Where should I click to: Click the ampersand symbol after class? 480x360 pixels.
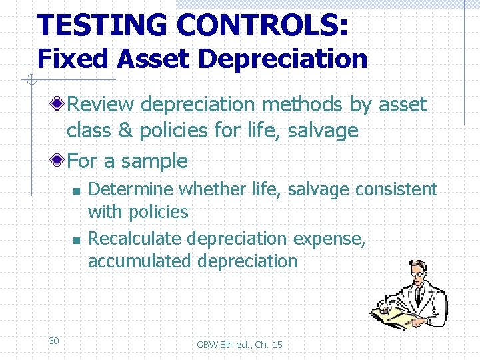125,131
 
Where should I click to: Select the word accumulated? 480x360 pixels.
139,261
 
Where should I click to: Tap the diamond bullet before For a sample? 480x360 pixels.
59,161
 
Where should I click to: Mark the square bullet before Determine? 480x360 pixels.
77,191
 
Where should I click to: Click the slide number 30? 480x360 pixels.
54,341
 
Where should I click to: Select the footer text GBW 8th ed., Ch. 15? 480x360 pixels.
239,345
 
